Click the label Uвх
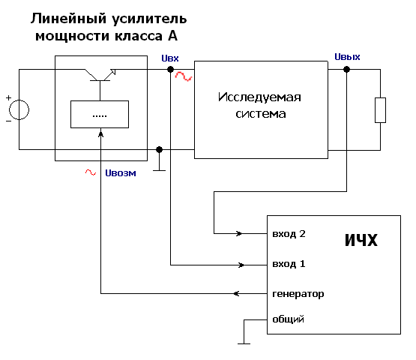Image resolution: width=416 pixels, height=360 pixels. click(x=170, y=58)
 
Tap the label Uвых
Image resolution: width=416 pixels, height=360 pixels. click(x=347, y=57)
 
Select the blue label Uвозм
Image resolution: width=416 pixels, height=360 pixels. click(x=121, y=173)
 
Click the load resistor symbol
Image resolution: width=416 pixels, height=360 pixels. click(x=380, y=110)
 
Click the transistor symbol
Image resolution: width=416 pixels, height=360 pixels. click(x=100, y=75)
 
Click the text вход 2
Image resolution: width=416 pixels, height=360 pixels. click(x=289, y=234)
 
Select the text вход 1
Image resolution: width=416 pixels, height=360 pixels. click(x=289, y=264)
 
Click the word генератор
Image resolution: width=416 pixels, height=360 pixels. click(x=298, y=294)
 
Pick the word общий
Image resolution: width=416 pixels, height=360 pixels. click(x=288, y=319)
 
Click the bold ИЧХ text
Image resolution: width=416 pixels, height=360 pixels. click(x=361, y=240)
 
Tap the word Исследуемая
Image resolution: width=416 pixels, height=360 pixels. click(x=259, y=97)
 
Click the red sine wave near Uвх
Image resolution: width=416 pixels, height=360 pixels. click(x=184, y=76)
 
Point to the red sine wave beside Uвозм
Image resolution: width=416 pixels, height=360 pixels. click(x=91, y=172)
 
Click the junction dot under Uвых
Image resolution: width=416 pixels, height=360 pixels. click(x=346, y=70)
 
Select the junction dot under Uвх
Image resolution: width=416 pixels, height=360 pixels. click(x=170, y=70)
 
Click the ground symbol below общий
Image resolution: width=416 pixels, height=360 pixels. click(x=244, y=343)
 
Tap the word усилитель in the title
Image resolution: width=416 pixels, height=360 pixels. click(x=149, y=19)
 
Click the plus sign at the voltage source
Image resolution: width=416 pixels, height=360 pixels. click(x=8, y=98)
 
